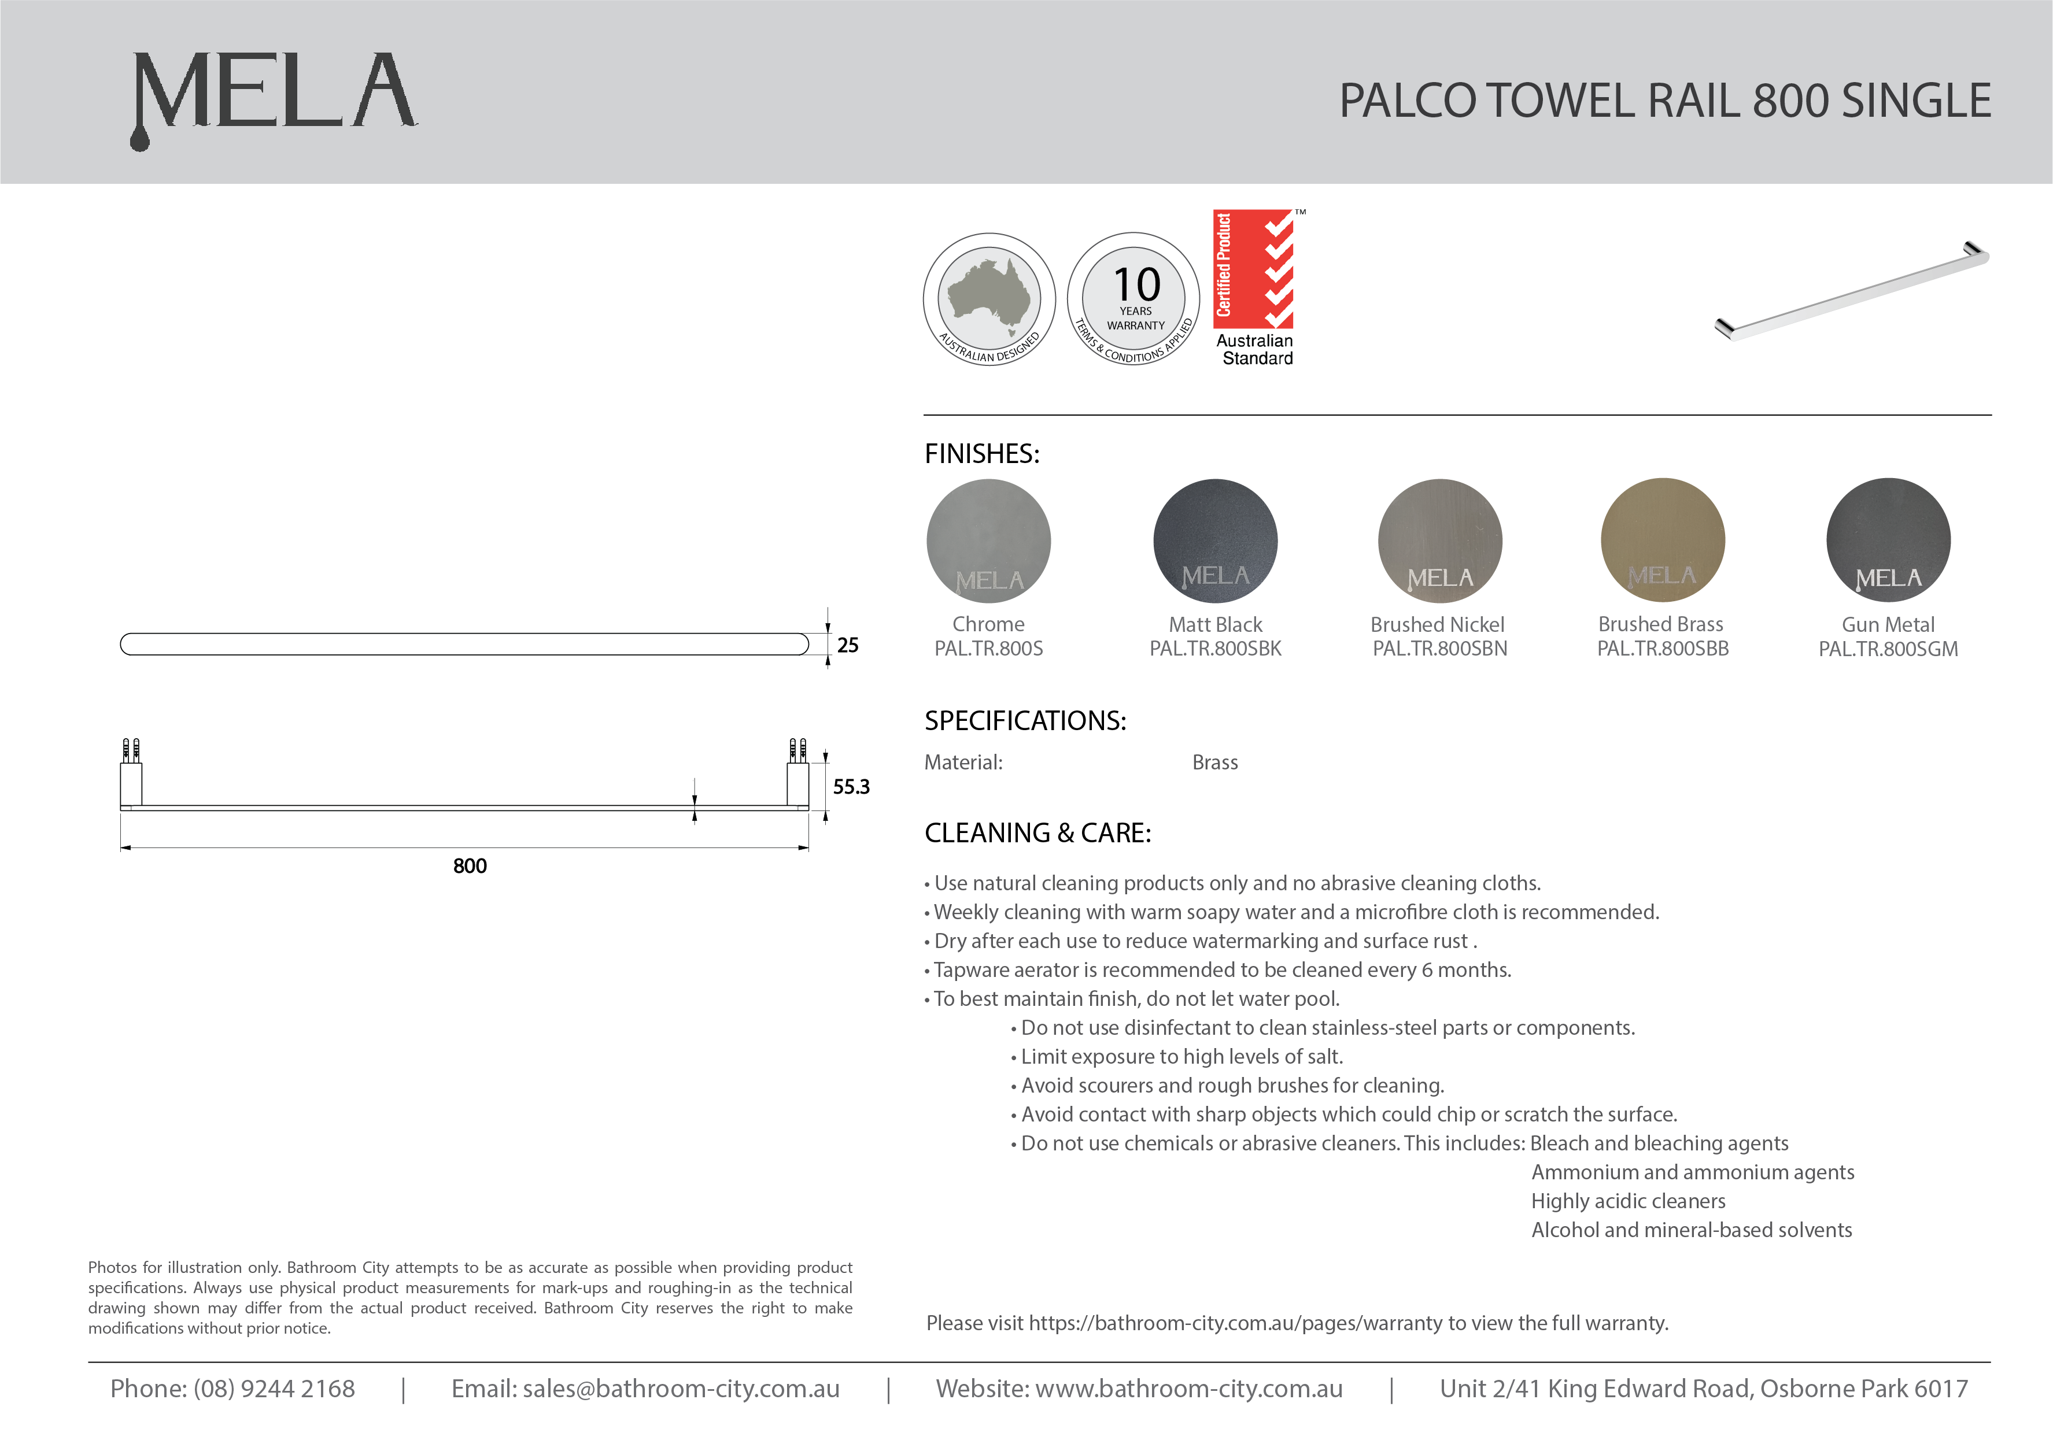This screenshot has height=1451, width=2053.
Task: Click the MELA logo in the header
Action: click(274, 97)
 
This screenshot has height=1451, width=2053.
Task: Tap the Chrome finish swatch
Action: click(988, 541)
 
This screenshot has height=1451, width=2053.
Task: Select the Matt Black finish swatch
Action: click(1215, 541)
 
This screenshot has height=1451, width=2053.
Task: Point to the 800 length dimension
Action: click(470, 865)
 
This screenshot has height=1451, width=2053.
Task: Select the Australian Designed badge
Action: click(989, 299)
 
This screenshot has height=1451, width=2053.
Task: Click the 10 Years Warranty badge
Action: click(1134, 299)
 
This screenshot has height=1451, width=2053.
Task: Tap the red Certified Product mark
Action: click(1253, 268)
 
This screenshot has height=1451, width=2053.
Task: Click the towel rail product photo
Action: click(1851, 291)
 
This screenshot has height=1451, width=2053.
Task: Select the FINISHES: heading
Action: click(982, 454)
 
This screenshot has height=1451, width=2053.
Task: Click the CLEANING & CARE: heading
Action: click(1037, 833)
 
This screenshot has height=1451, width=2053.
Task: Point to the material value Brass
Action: click(1214, 762)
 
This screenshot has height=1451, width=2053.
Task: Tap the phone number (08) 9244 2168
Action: click(274, 1389)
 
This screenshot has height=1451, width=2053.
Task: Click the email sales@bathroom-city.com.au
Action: click(681, 1389)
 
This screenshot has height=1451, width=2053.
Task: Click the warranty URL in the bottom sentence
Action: click(1238, 1323)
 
